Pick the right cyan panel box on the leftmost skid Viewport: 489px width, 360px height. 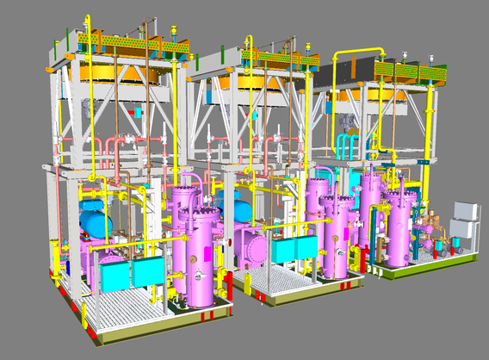(x=145, y=272)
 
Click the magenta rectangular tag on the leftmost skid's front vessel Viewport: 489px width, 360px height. (x=208, y=255)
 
